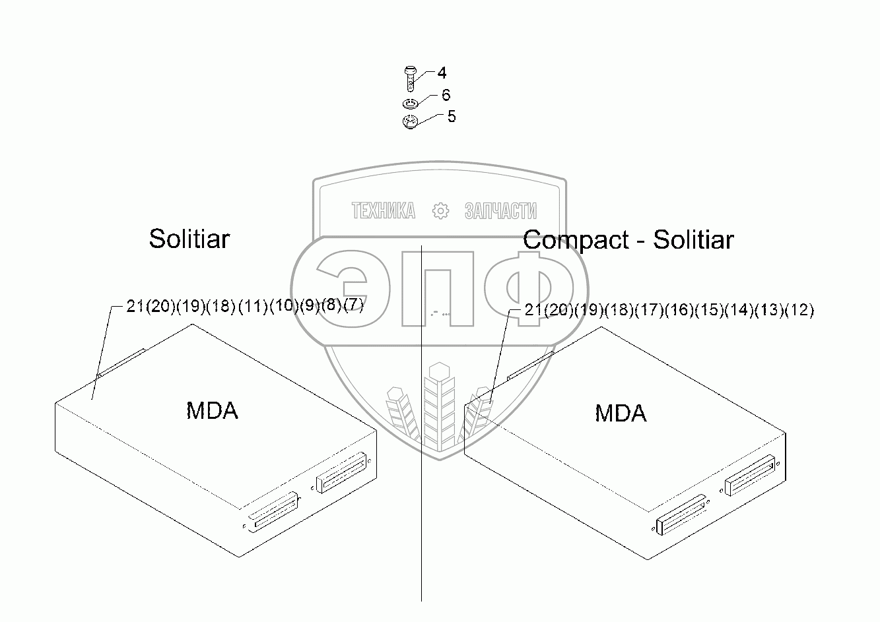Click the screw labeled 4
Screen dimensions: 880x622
(409, 78)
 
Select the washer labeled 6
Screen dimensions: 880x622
(409, 104)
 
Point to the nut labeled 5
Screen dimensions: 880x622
(409, 121)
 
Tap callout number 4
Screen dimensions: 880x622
(442, 73)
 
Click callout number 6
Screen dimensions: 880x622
(446, 95)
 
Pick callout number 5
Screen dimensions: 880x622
(451, 117)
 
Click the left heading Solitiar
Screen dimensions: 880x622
(189, 239)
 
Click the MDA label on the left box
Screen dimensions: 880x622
(212, 411)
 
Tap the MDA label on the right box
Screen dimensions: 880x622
(621, 414)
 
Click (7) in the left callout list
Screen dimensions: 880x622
(353, 307)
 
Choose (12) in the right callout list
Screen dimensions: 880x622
(800, 310)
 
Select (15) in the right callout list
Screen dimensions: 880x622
(709, 310)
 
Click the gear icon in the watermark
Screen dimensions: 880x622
(440, 211)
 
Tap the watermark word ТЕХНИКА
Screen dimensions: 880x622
(384, 211)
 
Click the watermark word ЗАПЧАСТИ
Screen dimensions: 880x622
(500, 211)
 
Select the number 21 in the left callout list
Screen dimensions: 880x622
(135, 307)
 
